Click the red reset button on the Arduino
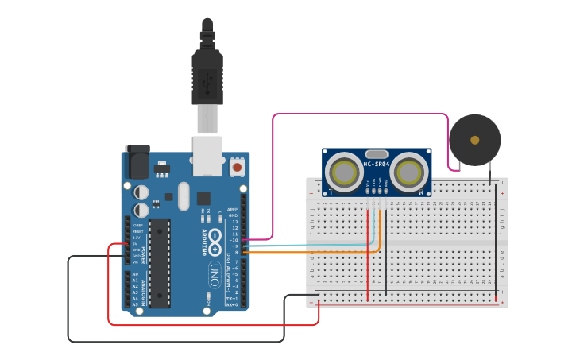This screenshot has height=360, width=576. click(237, 167)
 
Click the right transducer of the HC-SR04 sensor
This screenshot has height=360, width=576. click(409, 172)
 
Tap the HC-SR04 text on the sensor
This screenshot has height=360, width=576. click(377, 165)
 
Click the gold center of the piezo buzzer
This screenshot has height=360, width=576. click(475, 140)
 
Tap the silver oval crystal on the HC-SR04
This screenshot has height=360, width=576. click(377, 153)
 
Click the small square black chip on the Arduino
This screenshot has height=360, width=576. click(204, 199)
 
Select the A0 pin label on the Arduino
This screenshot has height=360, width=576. click(135, 274)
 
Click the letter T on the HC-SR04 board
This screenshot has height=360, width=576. click(329, 192)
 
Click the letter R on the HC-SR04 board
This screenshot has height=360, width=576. click(421, 192)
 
